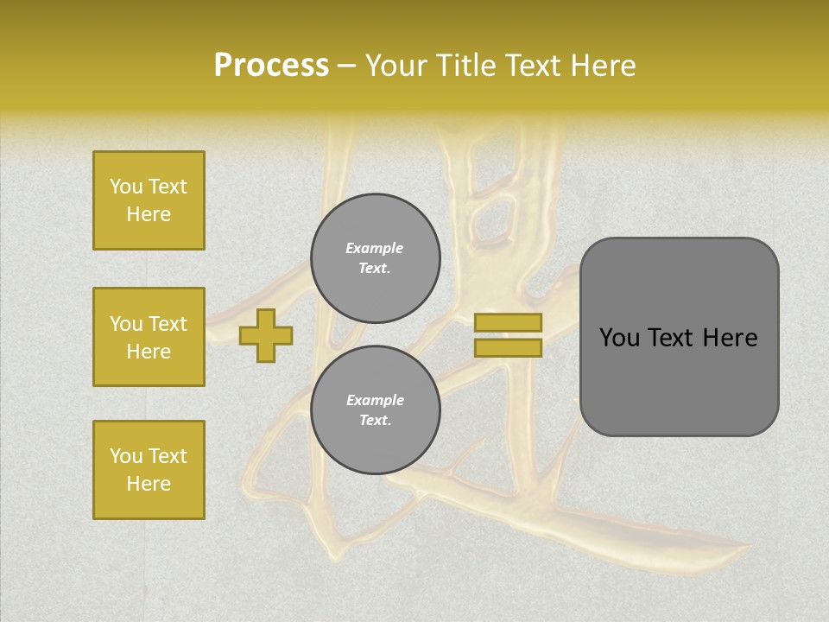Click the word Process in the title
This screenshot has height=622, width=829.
click(x=271, y=66)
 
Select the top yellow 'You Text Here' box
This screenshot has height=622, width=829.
click(x=149, y=200)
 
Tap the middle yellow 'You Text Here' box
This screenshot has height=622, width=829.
click(x=149, y=337)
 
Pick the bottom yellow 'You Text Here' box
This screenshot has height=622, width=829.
click(x=149, y=470)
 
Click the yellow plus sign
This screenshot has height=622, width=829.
click(x=266, y=335)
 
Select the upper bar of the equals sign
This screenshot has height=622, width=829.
click(x=508, y=322)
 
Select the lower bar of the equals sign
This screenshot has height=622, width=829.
click(x=508, y=347)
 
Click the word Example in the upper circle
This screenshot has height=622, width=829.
click(x=375, y=248)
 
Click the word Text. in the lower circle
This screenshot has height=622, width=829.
click(x=375, y=421)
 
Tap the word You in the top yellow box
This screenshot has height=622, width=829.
click(x=126, y=187)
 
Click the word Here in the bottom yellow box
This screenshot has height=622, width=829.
click(x=149, y=484)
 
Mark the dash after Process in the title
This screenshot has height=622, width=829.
click(x=346, y=66)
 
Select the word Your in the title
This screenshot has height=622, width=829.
click(x=396, y=66)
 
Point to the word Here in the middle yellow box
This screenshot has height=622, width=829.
click(x=149, y=352)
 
